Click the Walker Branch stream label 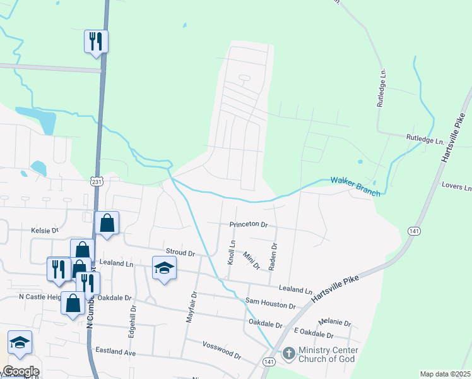tap(356, 186)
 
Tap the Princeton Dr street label tap(249, 224)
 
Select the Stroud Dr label tap(180, 252)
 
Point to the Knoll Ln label tap(232, 252)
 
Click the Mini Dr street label tap(252, 262)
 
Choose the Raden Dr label tap(273, 257)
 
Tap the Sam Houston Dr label tap(270, 304)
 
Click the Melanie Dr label tap(334, 322)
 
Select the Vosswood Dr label tap(221, 351)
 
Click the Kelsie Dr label tap(44, 231)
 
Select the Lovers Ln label tap(457, 187)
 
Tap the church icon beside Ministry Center tap(288, 354)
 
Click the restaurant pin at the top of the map tap(96, 42)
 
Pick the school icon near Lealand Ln tap(164, 268)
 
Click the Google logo tap(20, 371)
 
